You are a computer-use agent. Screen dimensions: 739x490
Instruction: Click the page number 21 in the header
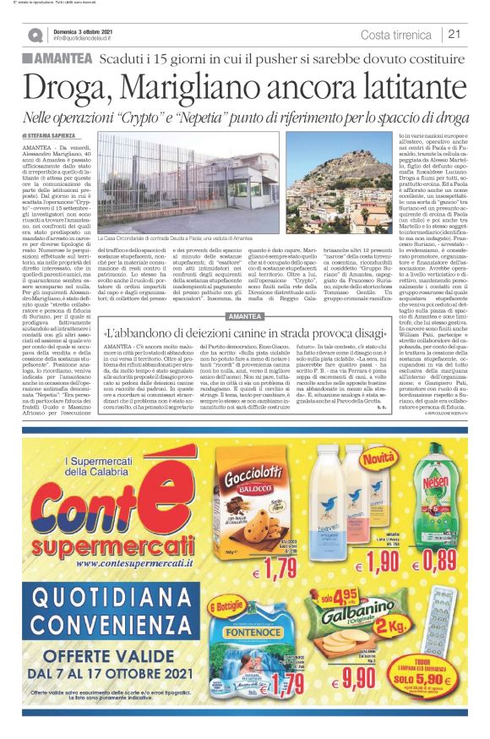coord(455,35)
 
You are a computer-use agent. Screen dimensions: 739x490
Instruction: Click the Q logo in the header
coord(34,35)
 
